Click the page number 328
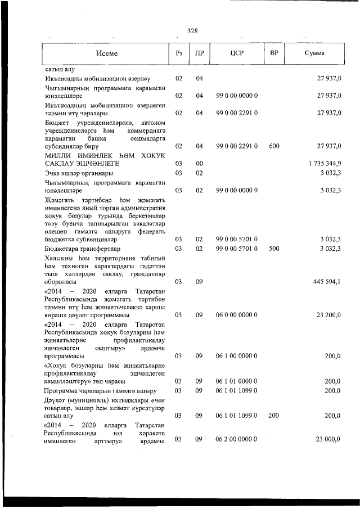(192, 31)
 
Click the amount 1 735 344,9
(325, 163)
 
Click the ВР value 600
(274, 146)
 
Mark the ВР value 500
(274, 248)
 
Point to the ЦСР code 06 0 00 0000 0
(237, 316)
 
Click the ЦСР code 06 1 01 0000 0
(237, 381)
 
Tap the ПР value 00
(199, 163)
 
